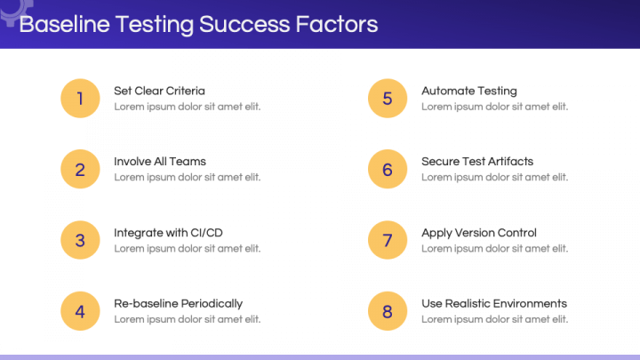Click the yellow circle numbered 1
pyautogui.click(x=80, y=98)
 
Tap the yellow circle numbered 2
pyautogui.click(x=80, y=169)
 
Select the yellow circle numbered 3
pyautogui.click(x=80, y=240)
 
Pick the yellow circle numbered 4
pyautogui.click(x=80, y=311)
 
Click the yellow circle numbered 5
pyautogui.click(x=388, y=98)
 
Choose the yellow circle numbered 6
pyautogui.click(x=388, y=169)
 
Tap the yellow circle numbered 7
pyautogui.click(x=388, y=240)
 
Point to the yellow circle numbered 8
pyautogui.click(x=388, y=311)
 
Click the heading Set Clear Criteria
pyautogui.click(x=159, y=91)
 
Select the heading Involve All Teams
pyautogui.click(x=160, y=162)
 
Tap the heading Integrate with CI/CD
pyautogui.click(x=168, y=233)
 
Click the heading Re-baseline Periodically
pyautogui.click(x=178, y=304)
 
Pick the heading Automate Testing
pyautogui.click(x=468, y=91)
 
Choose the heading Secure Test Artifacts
pyautogui.click(x=477, y=162)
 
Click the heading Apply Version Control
pyautogui.click(x=479, y=233)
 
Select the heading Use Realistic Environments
pyautogui.click(x=493, y=304)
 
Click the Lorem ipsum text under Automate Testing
pyautogui.click(x=494, y=107)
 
